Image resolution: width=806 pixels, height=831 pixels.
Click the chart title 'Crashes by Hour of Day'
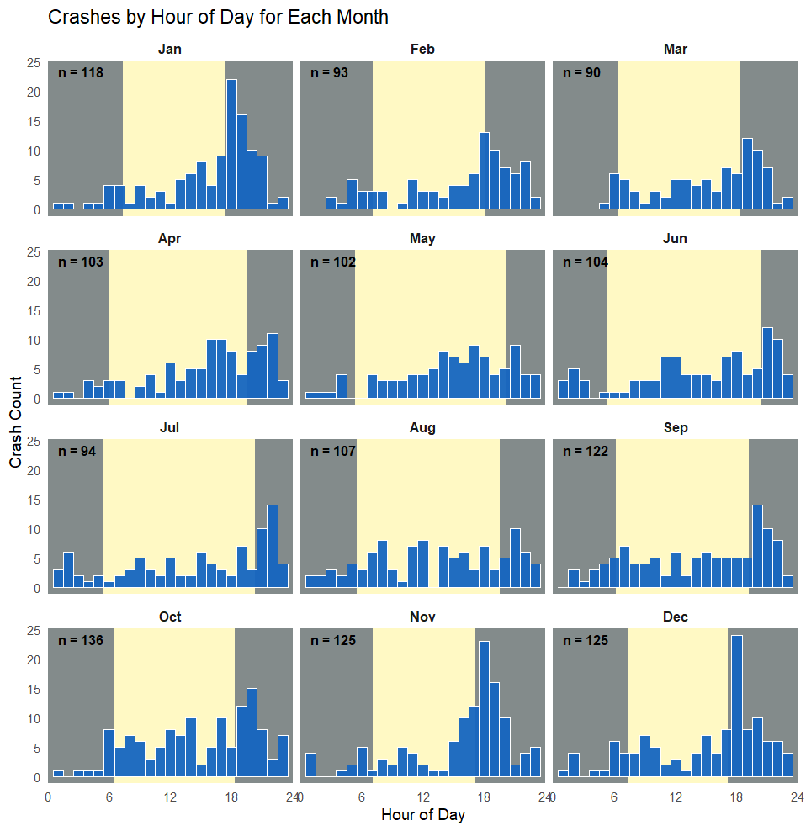(x=218, y=17)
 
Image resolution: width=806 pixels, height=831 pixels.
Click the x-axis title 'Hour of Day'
(x=422, y=814)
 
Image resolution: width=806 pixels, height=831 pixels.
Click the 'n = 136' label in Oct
(x=81, y=641)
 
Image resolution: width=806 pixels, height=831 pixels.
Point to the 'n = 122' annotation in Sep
(x=586, y=452)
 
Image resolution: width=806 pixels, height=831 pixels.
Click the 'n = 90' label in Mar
(x=582, y=73)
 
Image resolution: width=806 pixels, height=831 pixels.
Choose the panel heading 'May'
(x=422, y=239)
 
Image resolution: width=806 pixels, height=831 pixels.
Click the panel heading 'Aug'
(x=422, y=428)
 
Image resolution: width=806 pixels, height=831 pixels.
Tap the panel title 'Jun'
(x=676, y=239)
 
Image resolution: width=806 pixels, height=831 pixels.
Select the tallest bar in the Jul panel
(x=273, y=547)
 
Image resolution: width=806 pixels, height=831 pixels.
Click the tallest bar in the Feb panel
(x=485, y=172)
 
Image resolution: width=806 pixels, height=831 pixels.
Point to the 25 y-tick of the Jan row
(x=34, y=63)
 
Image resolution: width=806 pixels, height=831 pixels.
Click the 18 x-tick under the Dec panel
(x=736, y=797)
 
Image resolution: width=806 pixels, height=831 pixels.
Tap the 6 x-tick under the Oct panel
(x=109, y=797)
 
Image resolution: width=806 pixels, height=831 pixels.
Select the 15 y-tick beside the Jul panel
(x=34, y=500)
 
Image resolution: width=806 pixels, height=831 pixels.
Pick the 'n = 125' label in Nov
(x=333, y=641)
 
